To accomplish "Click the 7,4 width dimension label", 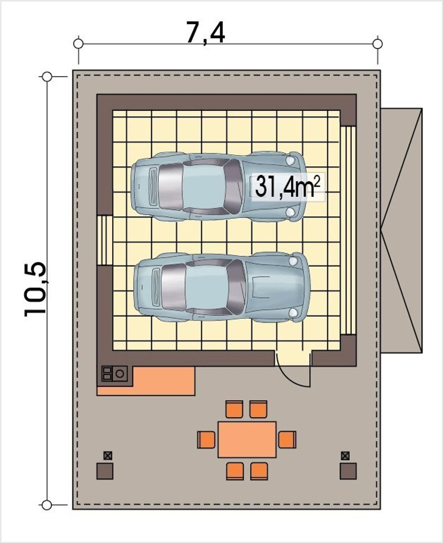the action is click(x=205, y=33).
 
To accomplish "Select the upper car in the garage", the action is click(x=219, y=186).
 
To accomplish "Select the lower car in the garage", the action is click(x=222, y=287).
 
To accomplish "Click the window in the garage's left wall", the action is click(x=104, y=241).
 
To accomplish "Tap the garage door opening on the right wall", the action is click(x=349, y=230).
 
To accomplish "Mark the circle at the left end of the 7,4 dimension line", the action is click(x=78, y=44).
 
